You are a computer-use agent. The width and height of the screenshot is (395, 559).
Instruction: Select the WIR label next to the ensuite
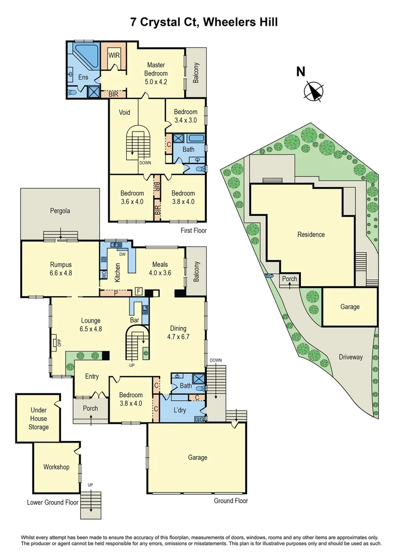point(114,55)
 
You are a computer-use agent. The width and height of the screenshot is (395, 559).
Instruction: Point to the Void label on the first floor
point(124,113)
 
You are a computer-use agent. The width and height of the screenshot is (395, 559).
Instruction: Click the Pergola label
point(60,211)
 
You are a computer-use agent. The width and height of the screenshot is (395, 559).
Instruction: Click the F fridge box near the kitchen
point(138,291)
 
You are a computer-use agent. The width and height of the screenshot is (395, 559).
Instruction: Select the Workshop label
point(56,467)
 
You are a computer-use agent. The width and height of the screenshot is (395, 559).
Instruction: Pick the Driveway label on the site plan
point(351,358)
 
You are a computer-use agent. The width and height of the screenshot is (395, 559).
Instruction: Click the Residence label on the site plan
point(311,234)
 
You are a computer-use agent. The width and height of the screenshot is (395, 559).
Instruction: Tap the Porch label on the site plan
point(290,279)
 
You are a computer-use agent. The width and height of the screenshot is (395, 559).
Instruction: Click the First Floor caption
point(193,231)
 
